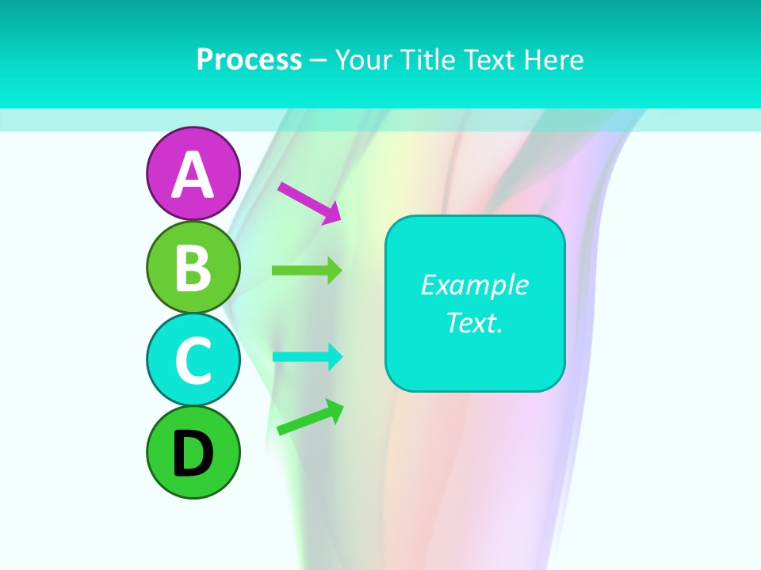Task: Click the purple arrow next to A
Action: (x=309, y=203)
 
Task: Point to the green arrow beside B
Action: (x=307, y=271)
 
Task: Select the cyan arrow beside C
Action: (x=307, y=356)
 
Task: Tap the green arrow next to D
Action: (x=310, y=417)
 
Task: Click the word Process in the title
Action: (x=249, y=59)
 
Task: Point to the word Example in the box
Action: (x=475, y=285)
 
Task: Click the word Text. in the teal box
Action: (x=475, y=322)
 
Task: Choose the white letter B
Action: (x=193, y=268)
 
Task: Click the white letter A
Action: (x=193, y=174)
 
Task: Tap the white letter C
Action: (x=193, y=360)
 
